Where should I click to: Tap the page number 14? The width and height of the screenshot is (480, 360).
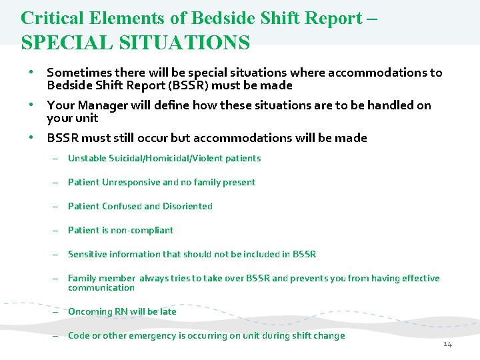coord(447,344)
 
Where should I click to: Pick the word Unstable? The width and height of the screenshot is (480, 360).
coord(86,159)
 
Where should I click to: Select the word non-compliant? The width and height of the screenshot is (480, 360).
coord(142,231)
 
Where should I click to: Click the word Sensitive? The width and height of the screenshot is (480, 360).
coord(87,255)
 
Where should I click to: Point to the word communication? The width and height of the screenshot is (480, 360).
coord(101,288)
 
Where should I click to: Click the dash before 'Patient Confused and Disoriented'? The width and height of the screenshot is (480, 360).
coord(58,207)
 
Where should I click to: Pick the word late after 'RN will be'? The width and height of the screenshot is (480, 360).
coord(168,312)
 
